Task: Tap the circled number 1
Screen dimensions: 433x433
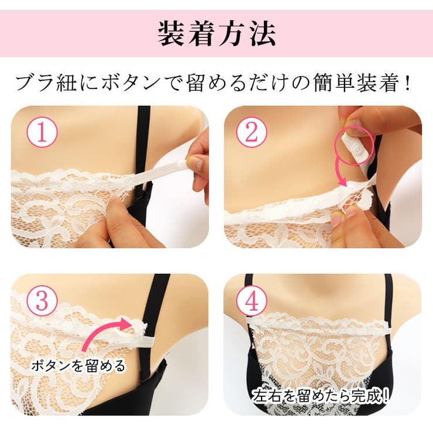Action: coord(42,133)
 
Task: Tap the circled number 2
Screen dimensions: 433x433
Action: coord(251,133)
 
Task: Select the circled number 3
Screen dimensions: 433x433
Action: coord(42,300)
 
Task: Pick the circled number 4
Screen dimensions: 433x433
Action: coord(251,301)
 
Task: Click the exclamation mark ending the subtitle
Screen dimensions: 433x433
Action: coord(408,83)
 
